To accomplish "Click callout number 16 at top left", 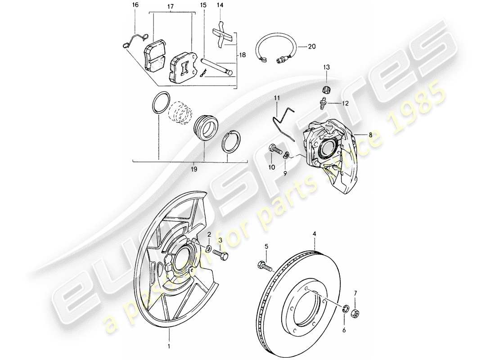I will [135, 5].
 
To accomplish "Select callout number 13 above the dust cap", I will [326, 67].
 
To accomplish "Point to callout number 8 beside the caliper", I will [370, 134].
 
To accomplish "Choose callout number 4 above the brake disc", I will [315, 234].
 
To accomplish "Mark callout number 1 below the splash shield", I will [169, 346].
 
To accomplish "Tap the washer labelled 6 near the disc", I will [345, 309].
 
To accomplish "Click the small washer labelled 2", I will [209, 248].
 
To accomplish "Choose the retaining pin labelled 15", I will [216, 65].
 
